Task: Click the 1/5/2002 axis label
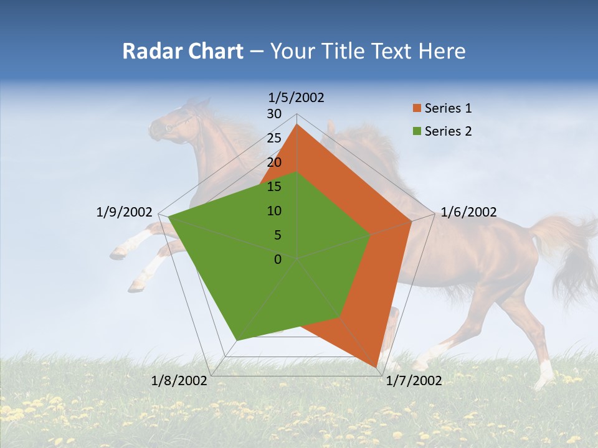tap(297, 98)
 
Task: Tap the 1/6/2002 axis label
tap(468, 212)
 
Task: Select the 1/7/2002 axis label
tap(414, 381)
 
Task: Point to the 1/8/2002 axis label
tap(179, 381)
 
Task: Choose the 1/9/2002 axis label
tap(124, 212)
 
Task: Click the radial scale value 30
tap(274, 114)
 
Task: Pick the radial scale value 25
tap(274, 138)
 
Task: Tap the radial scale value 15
tap(274, 187)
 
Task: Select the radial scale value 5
tap(277, 235)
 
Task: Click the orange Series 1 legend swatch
tap(416, 109)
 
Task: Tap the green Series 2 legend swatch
tap(416, 131)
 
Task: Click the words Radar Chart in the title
tap(183, 51)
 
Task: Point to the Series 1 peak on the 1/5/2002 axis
tap(297, 124)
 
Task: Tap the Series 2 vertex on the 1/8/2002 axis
tap(237, 340)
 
